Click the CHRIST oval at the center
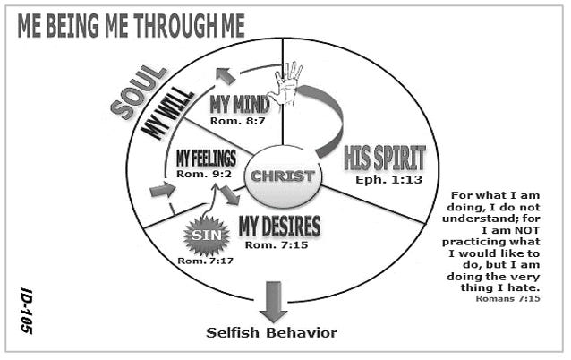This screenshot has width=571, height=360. pyautogui.click(x=284, y=176)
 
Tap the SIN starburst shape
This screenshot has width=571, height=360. pyautogui.click(x=207, y=236)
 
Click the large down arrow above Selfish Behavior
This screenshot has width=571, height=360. pyautogui.click(x=274, y=302)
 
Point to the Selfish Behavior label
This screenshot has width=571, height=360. pyautogui.click(x=272, y=332)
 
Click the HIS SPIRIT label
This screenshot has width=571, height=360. pyautogui.click(x=385, y=159)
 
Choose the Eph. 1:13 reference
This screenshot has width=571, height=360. pyautogui.click(x=389, y=180)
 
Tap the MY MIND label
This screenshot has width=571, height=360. pyautogui.click(x=240, y=105)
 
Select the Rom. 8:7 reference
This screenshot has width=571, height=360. pyautogui.click(x=237, y=121)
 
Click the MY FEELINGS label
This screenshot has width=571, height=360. pyautogui.click(x=206, y=159)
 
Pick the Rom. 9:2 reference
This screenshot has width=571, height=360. pyautogui.click(x=204, y=174)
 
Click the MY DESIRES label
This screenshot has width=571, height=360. pyautogui.click(x=279, y=227)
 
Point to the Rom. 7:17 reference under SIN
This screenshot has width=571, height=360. pyautogui.click(x=205, y=261)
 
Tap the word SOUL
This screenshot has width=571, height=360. pyautogui.click(x=139, y=92)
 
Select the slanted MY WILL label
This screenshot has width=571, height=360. pyautogui.click(x=167, y=113)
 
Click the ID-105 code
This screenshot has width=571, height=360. pyautogui.click(x=27, y=311)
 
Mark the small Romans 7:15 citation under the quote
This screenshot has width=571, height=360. pyautogui.click(x=508, y=299)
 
